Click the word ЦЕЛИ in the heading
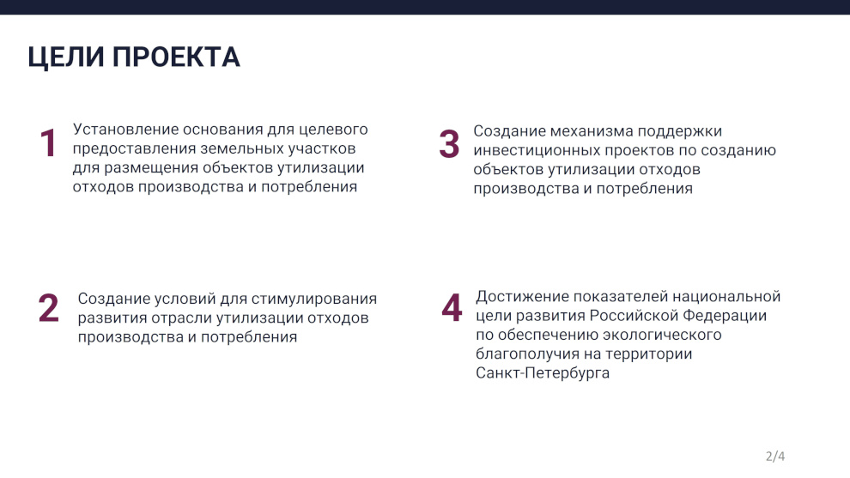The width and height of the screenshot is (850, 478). [x=65, y=57]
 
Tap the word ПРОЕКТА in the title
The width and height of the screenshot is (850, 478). [x=176, y=57]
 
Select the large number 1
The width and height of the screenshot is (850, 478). [x=48, y=143]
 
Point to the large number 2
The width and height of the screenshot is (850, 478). [x=48, y=308]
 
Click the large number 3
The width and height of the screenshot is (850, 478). [x=449, y=144]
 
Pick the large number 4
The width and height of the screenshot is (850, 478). [x=452, y=307]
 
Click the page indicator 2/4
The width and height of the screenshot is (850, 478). [x=775, y=457]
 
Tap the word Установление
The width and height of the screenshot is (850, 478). [x=125, y=130]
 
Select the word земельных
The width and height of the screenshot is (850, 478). [x=242, y=148]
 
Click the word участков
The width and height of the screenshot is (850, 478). [x=322, y=148]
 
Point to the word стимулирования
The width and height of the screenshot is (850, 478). [x=314, y=300]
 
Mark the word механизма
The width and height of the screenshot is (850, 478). [x=592, y=131]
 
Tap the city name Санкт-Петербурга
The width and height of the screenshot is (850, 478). [x=543, y=372]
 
